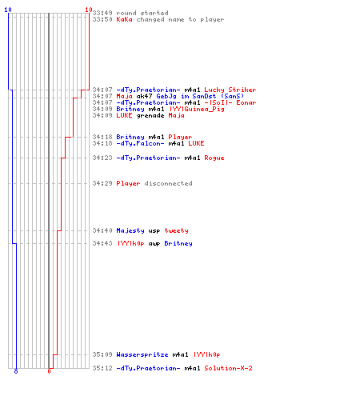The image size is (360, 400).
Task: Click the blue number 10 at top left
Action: tap(8, 10)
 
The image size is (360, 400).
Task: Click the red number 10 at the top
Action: tap(89, 10)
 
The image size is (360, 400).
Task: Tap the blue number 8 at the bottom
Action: tap(16, 371)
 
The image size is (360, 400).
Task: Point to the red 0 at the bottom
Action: tap(49, 371)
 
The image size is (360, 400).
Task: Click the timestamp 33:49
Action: tap(102, 13)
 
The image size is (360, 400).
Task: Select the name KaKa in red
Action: tap(124, 19)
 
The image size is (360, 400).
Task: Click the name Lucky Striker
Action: tap(230, 90)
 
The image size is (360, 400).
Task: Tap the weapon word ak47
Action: tap(144, 96)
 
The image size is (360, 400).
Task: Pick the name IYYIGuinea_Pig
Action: tap(197, 109)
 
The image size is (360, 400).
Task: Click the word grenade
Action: tap(150, 116)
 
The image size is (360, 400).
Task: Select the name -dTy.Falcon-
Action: tap(140, 143)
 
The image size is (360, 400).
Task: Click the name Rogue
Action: tap(214, 158)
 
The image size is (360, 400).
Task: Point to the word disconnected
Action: tap(168, 183)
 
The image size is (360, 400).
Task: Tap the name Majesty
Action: tap(130, 230)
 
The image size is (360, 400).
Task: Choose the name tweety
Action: tap(176, 230)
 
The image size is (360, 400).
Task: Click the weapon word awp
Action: tap(154, 244)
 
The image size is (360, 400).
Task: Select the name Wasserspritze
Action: tap(142, 354)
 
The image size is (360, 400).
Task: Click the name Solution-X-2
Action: tap(228, 368)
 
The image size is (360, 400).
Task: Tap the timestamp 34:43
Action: tap(102, 243)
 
